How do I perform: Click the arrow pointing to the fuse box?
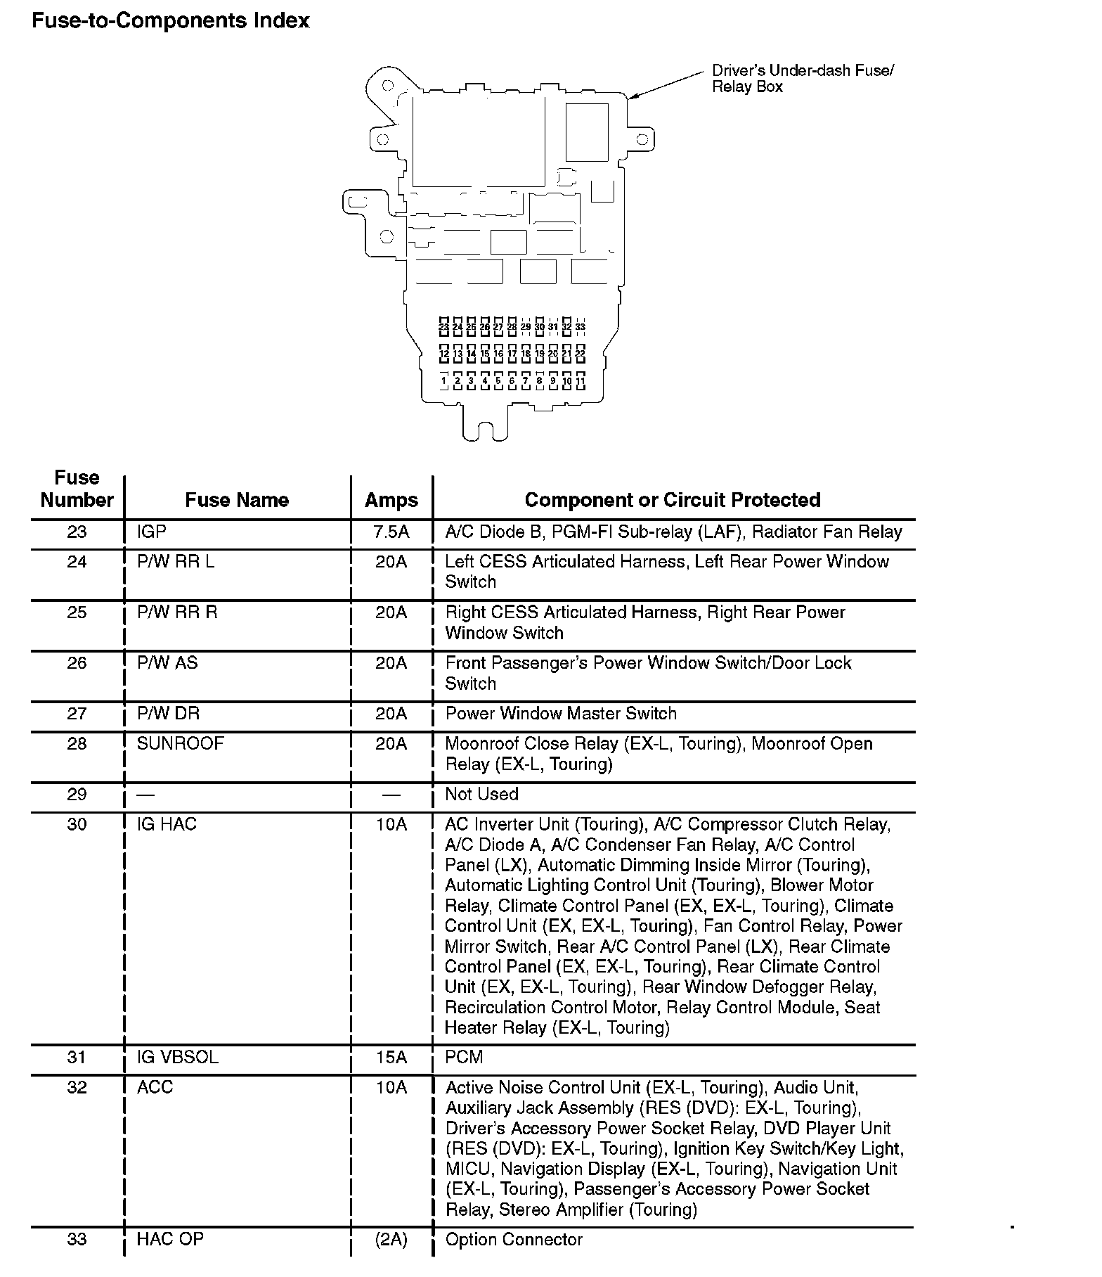click(x=664, y=84)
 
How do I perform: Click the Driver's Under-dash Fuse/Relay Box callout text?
click(x=802, y=79)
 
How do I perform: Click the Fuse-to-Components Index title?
click(x=171, y=21)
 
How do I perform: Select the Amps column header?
click(x=391, y=500)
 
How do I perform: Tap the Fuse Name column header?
click(x=237, y=500)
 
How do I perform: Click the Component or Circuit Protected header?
click(x=673, y=500)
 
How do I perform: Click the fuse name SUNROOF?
click(x=180, y=743)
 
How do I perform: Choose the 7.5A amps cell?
click(x=391, y=532)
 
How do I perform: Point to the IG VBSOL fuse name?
click(x=178, y=1057)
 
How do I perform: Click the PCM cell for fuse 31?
click(x=464, y=1057)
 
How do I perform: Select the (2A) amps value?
click(x=391, y=1238)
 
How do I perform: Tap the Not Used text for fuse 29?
click(x=481, y=794)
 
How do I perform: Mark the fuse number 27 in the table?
click(x=77, y=713)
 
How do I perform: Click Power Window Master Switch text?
click(x=561, y=713)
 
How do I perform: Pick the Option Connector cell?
click(x=514, y=1238)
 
